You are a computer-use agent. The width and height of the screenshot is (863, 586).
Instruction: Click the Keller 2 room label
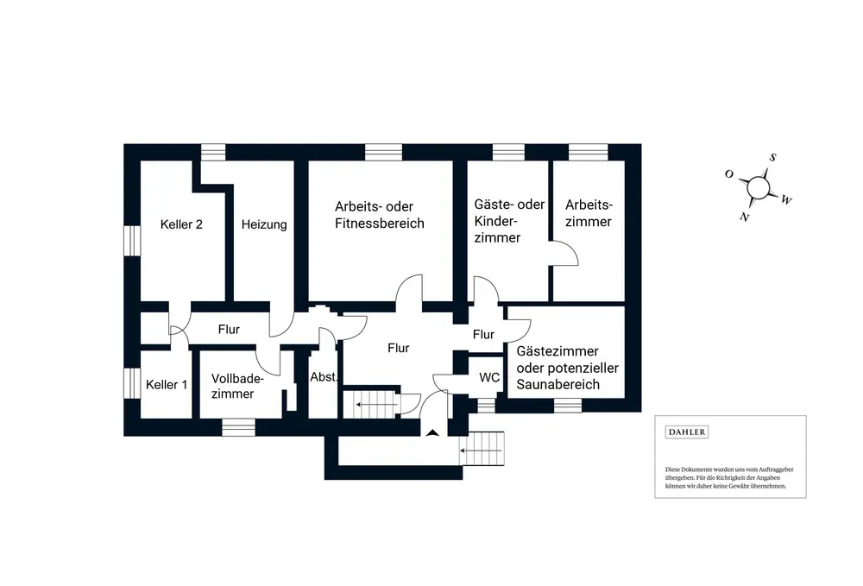(x=181, y=224)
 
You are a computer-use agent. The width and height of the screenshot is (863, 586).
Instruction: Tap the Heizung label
(x=264, y=224)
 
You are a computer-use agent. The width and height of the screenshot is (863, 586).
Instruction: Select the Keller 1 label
(x=167, y=384)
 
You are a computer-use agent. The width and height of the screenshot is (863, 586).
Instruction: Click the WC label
(x=489, y=377)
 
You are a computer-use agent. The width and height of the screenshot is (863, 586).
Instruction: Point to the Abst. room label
(x=324, y=377)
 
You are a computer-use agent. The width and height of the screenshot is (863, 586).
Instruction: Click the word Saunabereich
(x=557, y=384)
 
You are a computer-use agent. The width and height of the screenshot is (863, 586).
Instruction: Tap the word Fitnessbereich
(x=380, y=224)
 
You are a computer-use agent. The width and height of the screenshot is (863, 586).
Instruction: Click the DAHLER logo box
(x=687, y=432)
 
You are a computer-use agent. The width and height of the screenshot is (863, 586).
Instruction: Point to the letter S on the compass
(x=773, y=158)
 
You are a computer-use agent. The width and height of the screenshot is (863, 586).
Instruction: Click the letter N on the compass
(x=744, y=217)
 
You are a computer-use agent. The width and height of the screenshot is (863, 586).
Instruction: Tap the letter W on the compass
(x=786, y=200)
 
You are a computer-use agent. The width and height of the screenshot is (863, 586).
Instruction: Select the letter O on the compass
(x=729, y=174)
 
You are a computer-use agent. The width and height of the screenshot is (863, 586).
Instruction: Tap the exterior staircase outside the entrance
(x=485, y=450)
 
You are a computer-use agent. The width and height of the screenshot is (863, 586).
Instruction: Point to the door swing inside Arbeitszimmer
(x=566, y=253)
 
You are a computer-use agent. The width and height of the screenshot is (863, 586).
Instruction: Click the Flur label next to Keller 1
(x=229, y=329)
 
